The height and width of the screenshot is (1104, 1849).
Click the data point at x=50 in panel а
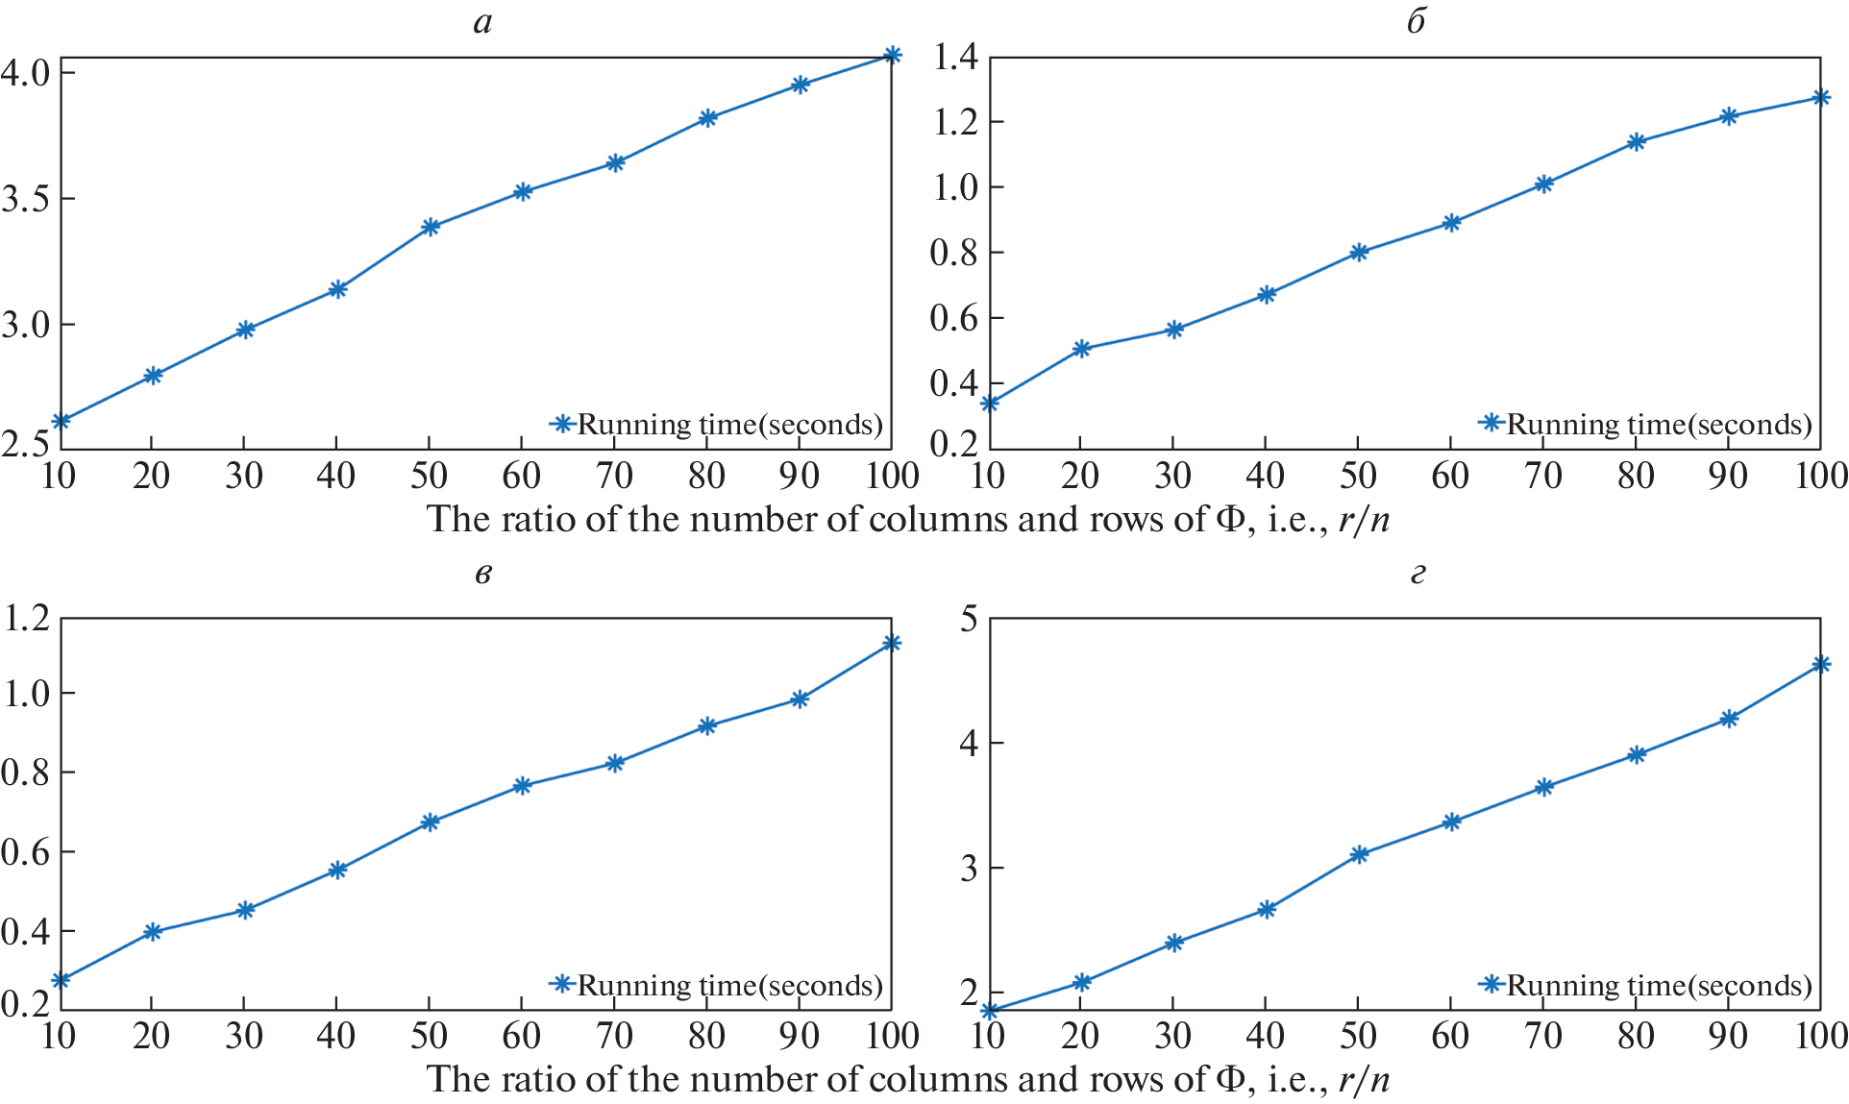click(430, 227)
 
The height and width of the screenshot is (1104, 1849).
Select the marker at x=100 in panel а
click(892, 56)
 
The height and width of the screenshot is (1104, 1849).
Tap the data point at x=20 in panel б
click(1081, 349)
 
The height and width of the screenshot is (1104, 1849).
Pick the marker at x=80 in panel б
click(1637, 142)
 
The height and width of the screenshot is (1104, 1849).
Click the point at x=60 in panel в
click(522, 786)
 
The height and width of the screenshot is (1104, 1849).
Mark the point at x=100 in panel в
click(892, 643)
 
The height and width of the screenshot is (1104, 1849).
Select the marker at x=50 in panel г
click(1359, 854)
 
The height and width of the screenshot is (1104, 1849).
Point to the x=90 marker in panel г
click(1729, 719)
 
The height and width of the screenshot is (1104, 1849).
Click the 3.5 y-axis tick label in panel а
click(25, 199)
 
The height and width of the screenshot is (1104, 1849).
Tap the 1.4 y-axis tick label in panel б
click(955, 58)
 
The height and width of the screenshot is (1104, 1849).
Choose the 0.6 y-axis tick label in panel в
click(25, 852)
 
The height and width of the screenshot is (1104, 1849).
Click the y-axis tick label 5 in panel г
click(968, 619)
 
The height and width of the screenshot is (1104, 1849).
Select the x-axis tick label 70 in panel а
click(614, 476)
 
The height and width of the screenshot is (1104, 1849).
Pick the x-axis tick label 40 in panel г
click(1266, 1036)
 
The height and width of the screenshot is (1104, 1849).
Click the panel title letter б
click(1417, 21)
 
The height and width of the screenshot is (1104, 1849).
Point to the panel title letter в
click(483, 575)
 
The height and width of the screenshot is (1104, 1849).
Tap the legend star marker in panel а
click(562, 424)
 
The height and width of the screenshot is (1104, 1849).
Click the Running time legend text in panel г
click(1659, 986)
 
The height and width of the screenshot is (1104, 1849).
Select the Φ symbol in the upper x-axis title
click(1230, 520)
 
